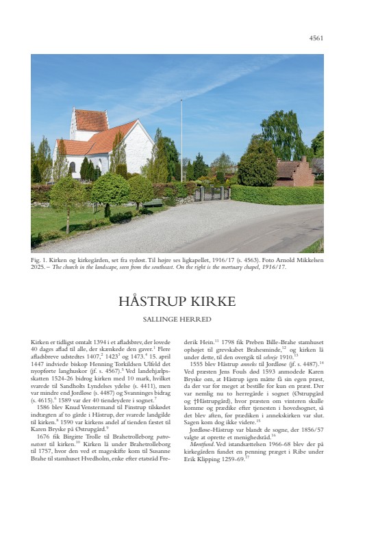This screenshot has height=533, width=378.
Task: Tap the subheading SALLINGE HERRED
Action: [x=177, y=319]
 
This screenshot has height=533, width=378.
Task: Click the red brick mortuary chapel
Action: [x=294, y=173]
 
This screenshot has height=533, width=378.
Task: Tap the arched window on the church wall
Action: [x=72, y=167]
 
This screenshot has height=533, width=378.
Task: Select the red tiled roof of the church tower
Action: [x=91, y=120]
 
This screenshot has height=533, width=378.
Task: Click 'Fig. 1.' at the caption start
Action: [x=40, y=260]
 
